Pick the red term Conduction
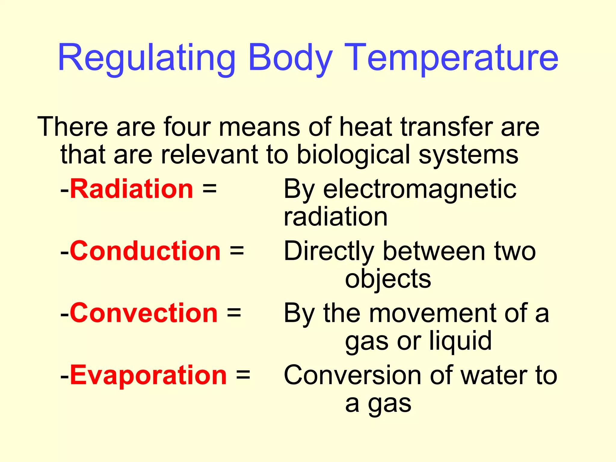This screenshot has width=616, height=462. tap(145, 251)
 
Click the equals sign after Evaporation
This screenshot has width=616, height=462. tap(243, 375)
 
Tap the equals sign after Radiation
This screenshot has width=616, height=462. tap(209, 189)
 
